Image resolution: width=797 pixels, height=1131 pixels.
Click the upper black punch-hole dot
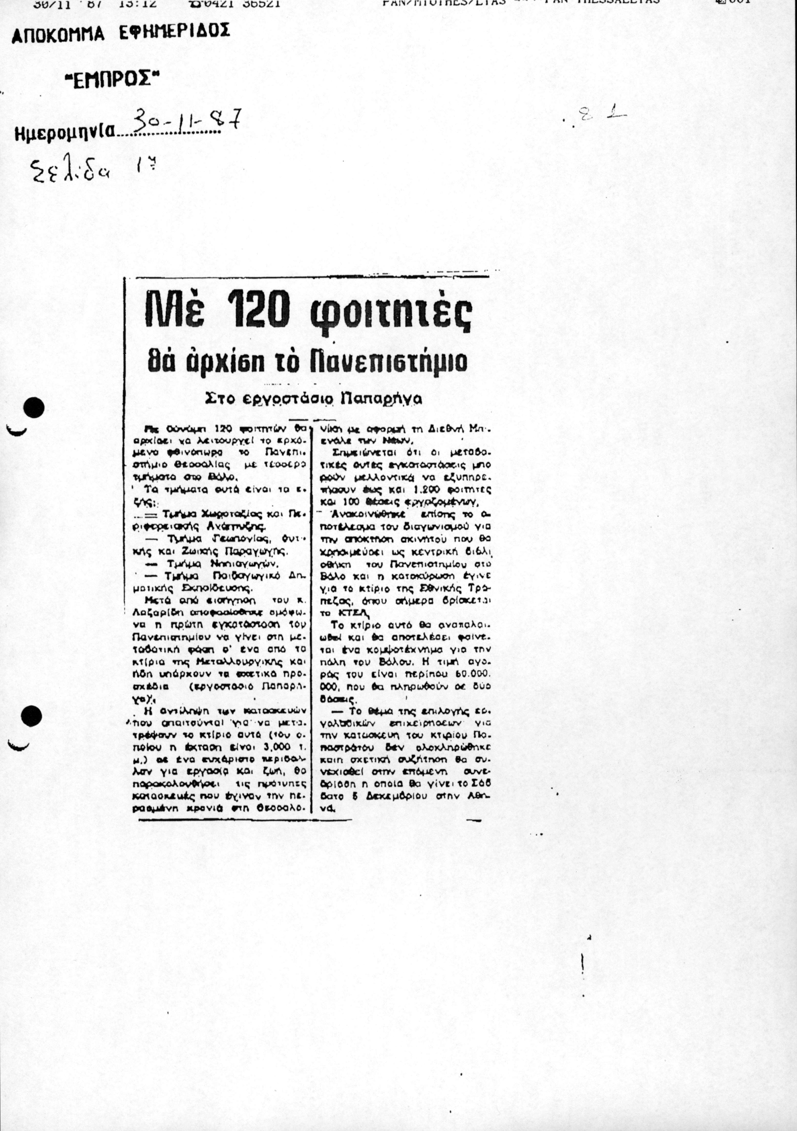(33, 408)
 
